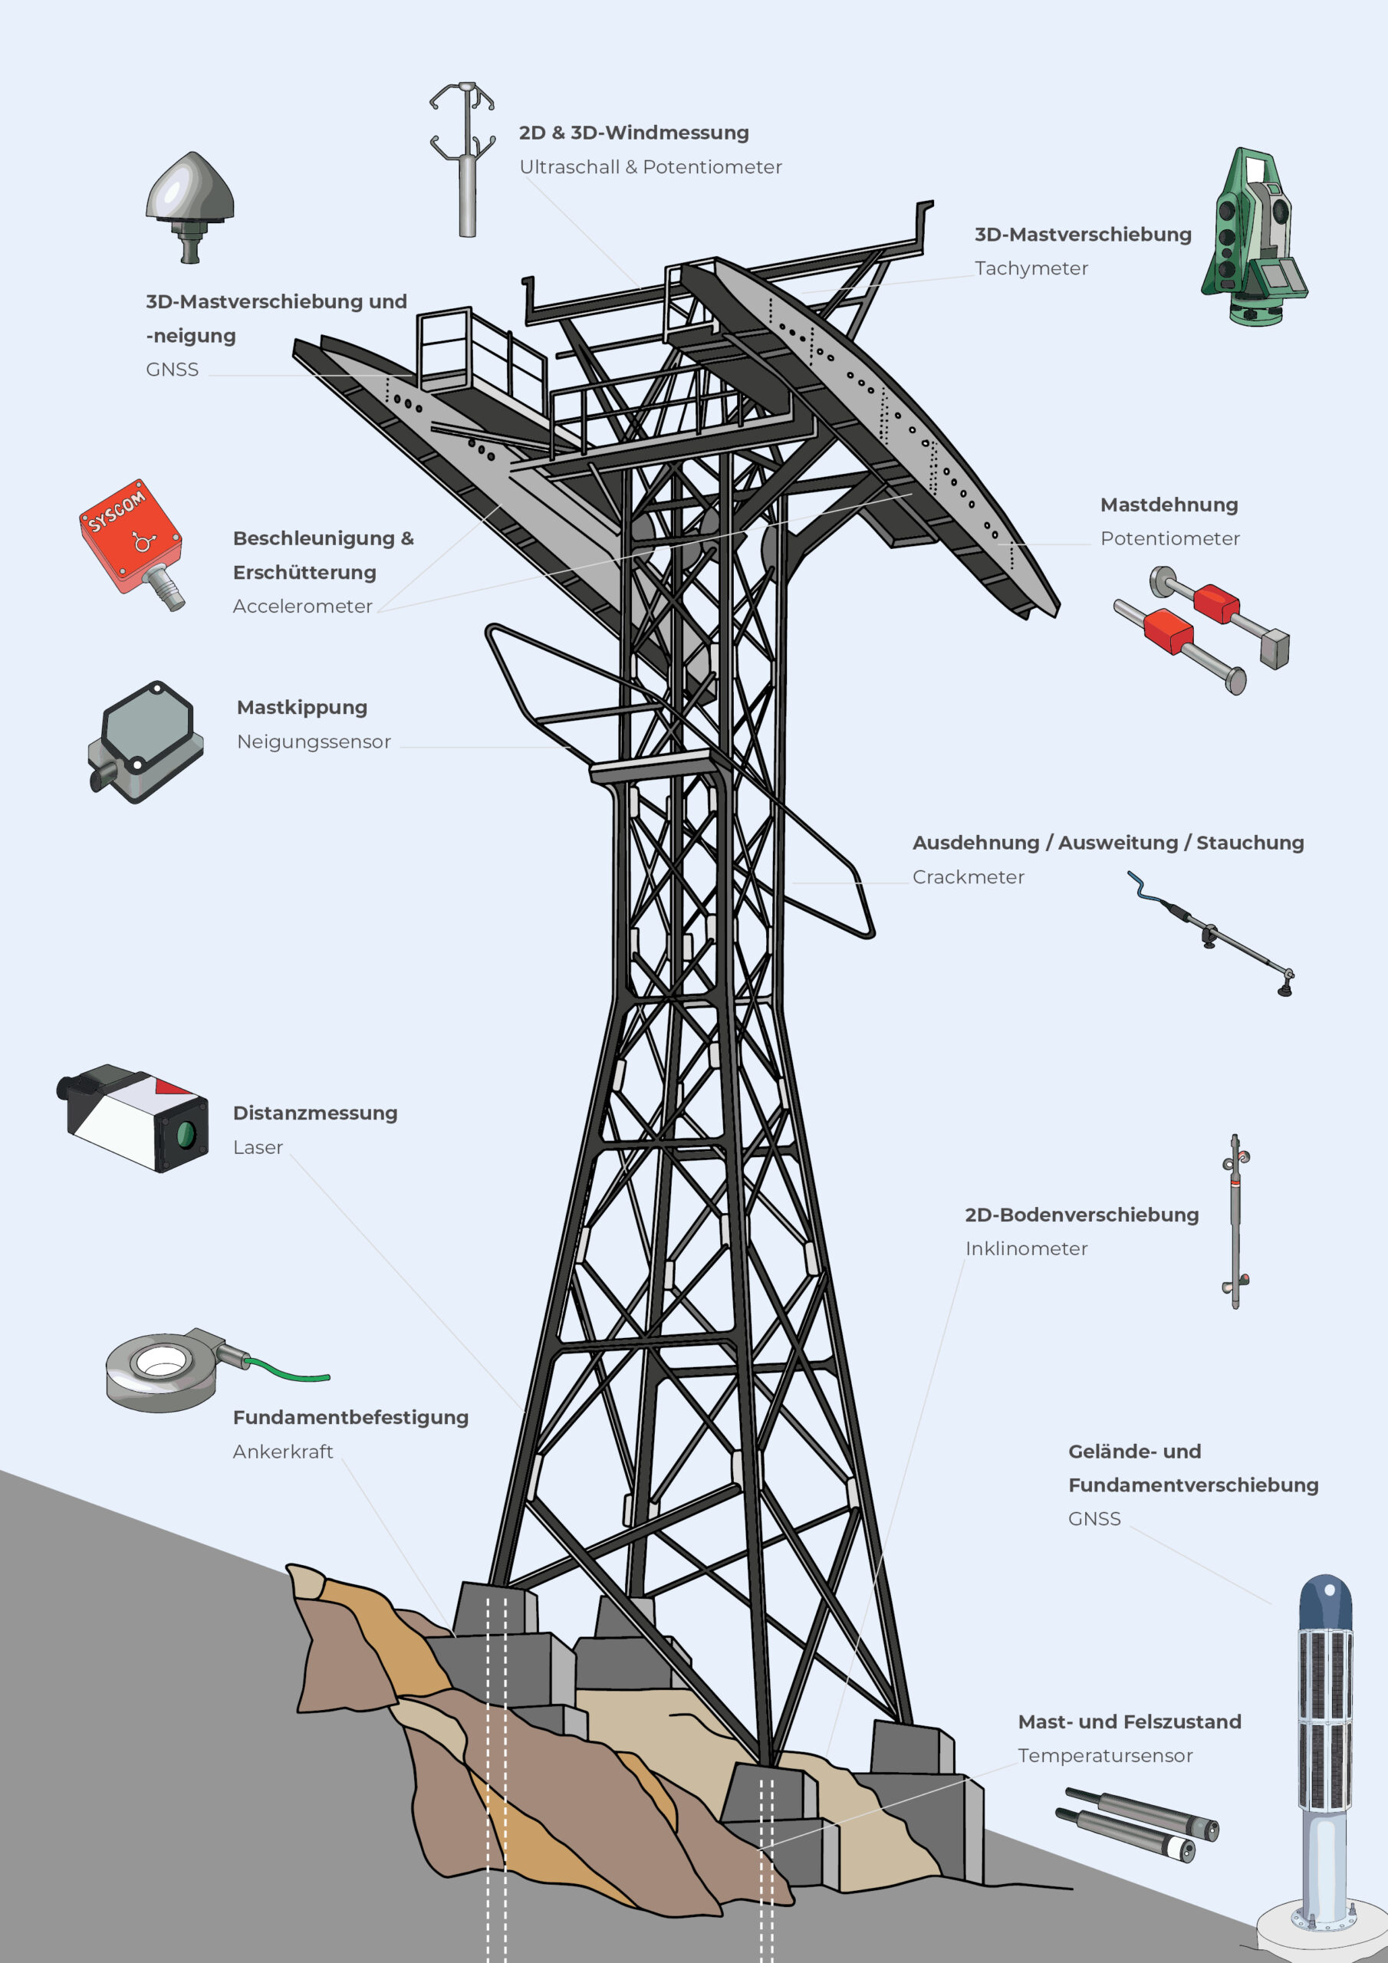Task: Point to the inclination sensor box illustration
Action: (x=146, y=741)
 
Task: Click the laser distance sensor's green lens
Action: (x=185, y=1135)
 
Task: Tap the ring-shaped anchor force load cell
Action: (x=163, y=1369)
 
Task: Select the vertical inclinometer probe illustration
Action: (x=1235, y=1221)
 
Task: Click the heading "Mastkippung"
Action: (x=302, y=708)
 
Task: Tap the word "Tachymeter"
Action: (x=1031, y=268)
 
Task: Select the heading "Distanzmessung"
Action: (x=316, y=1113)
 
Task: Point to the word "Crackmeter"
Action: (x=968, y=877)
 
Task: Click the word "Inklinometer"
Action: (x=1026, y=1249)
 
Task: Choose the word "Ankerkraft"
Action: (x=283, y=1452)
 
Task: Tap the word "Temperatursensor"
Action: (x=1105, y=1756)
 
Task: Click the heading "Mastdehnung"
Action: (x=1169, y=505)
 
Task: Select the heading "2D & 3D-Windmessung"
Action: (x=633, y=133)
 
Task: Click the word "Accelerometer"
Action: (x=303, y=607)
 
